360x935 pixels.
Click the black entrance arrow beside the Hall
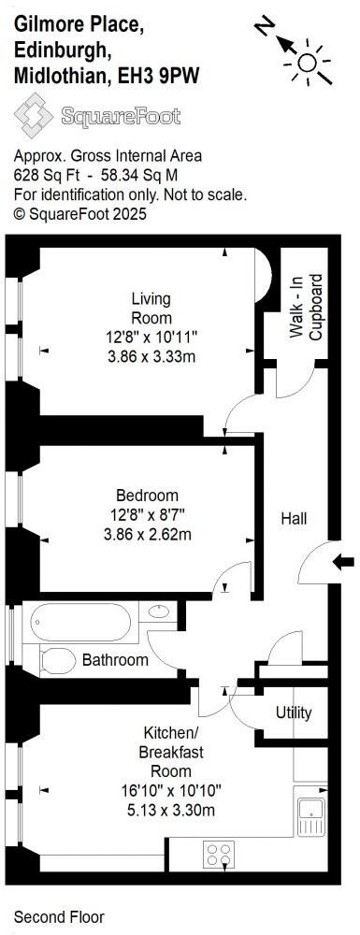click(344, 561)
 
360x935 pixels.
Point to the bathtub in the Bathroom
click(83, 621)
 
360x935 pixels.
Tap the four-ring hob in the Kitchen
click(219, 854)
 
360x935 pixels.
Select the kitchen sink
click(310, 812)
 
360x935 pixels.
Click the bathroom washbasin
click(158, 612)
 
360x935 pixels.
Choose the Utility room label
click(294, 712)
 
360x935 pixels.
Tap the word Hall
click(294, 518)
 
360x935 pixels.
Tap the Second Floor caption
click(59, 917)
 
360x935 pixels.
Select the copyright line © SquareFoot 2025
click(80, 214)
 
